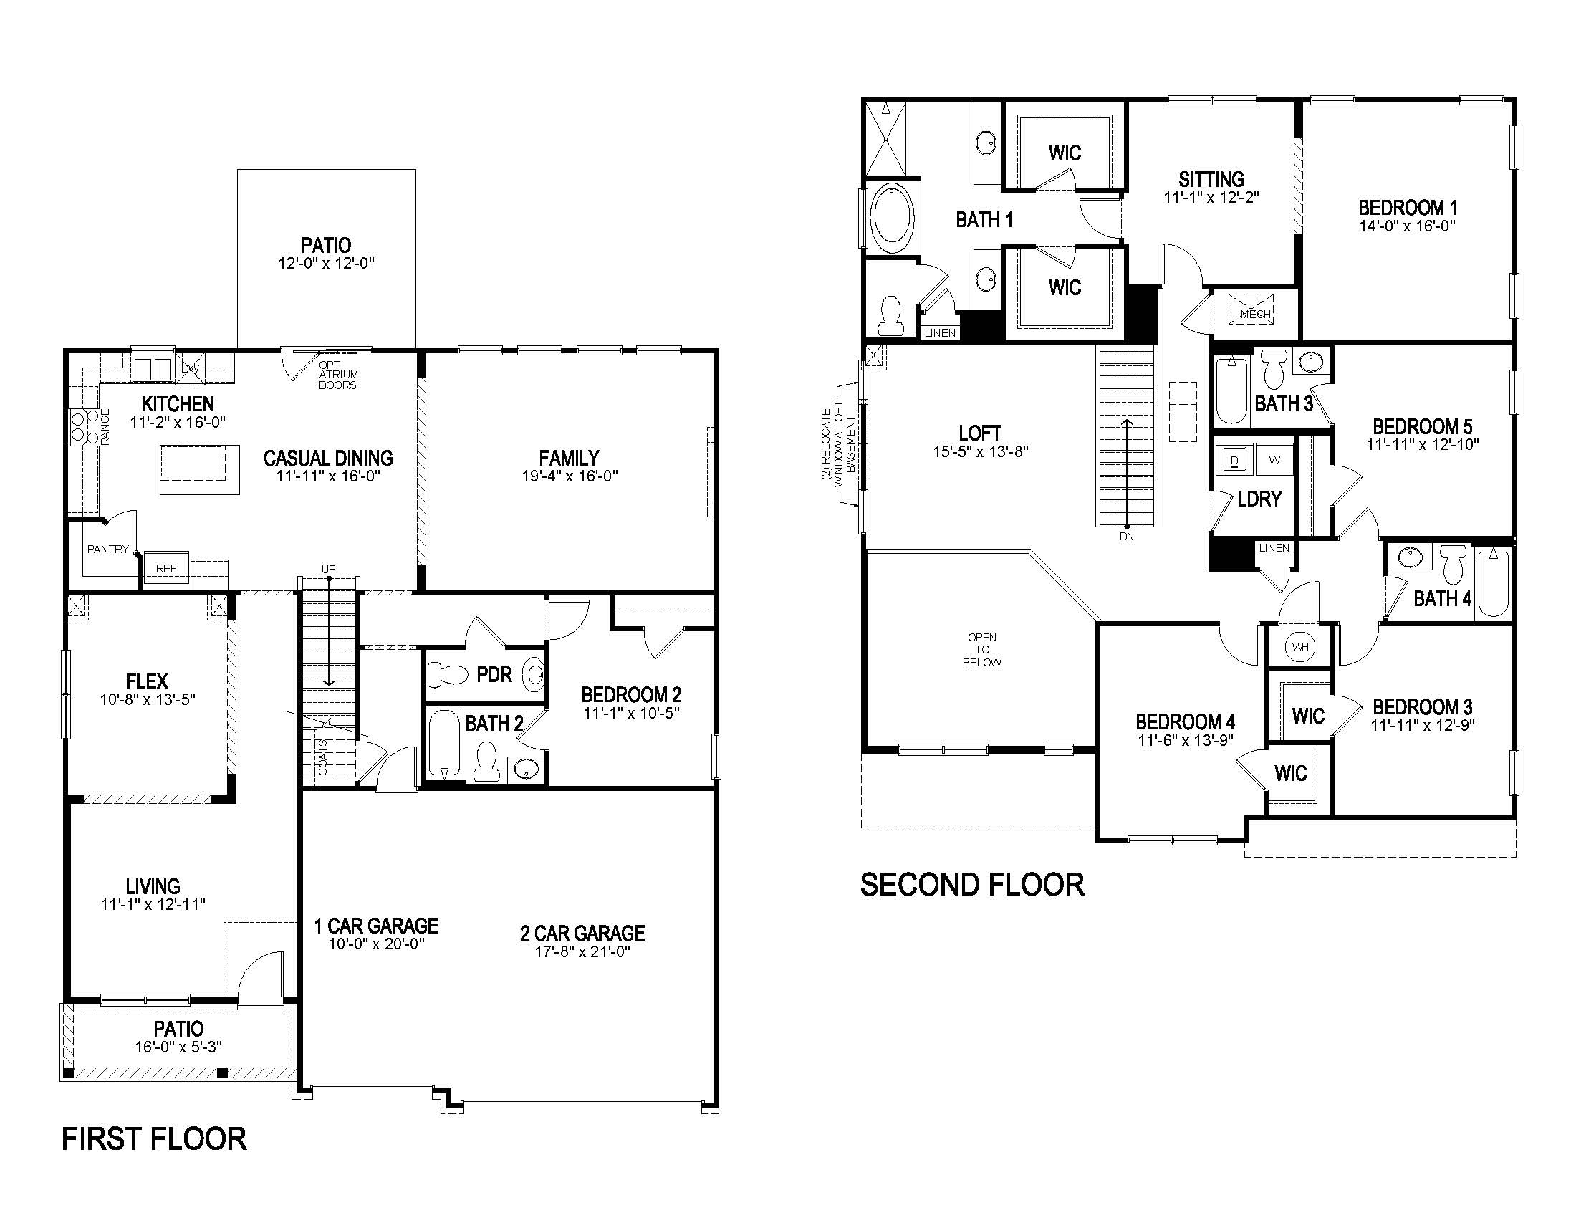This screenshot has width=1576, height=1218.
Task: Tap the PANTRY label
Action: pos(108,549)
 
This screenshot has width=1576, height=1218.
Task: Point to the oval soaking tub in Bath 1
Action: pos(893,216)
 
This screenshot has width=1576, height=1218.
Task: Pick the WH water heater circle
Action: pos(1300,646)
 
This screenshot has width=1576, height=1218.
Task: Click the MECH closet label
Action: pos(1254,314)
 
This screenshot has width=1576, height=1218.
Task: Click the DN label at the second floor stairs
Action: pos(1126,536)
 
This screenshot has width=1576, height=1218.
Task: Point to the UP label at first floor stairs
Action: pos(328,569)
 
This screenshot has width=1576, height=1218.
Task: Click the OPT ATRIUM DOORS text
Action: pos(337,375)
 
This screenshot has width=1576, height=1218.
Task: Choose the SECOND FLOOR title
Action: pos(972,884)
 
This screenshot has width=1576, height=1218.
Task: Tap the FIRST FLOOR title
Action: pos(154,1138)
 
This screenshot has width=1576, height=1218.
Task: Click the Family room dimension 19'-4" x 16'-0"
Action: pos(570,476)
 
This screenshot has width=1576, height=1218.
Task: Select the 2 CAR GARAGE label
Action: pos(582,933)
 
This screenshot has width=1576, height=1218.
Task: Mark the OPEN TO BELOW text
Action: pos(982,649)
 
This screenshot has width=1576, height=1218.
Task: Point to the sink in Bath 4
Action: pos(1408,556)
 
